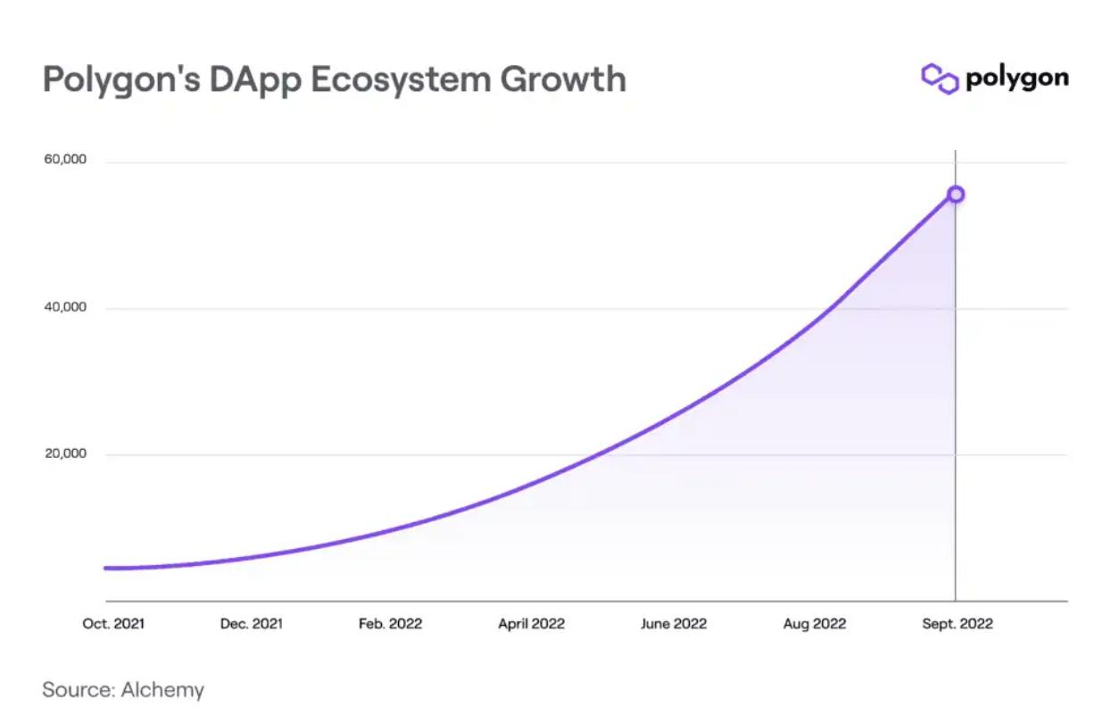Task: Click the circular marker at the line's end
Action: click(955, 194)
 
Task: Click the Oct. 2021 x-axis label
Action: click(113, 624)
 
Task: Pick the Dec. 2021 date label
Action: click(251, 624)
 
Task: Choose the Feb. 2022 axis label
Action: click(390, 624)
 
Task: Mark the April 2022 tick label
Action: click(531, 624)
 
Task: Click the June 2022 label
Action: click(673, 624)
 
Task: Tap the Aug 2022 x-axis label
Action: click(814, 624)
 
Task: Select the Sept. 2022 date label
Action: click(957, 624)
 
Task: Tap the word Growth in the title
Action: click(562, 79)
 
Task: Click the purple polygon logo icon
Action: click(939, 79)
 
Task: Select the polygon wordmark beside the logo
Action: click(1016, 79)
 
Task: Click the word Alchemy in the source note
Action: click(162, 690)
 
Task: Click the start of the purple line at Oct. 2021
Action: click(106, 568)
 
